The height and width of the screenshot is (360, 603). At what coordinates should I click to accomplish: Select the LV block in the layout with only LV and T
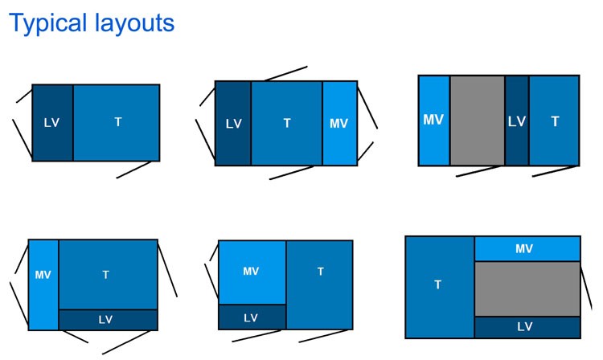tap(52, 122)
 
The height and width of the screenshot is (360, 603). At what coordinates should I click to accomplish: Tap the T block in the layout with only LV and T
tap(117, 122)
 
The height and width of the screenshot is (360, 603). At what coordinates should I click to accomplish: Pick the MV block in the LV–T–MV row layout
tap(339, 123)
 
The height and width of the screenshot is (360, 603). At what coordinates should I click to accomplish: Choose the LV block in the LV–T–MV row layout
tap(233, 123)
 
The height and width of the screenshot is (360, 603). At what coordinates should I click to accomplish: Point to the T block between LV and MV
tap(287, 123)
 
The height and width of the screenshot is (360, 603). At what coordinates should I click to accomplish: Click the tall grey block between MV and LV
tap(477, 121)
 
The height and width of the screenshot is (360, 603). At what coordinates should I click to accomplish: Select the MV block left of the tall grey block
tap(434, 121)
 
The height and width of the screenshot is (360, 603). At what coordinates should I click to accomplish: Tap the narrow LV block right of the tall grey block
tap(517, 121)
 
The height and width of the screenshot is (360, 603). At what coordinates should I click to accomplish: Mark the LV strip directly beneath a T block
tap(107, 319)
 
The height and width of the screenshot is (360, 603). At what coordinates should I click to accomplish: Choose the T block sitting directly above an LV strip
tap(107, 274)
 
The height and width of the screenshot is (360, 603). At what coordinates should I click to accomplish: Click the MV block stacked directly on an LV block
tap(252, 272)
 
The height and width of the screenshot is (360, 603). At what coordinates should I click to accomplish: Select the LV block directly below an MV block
tap(252, 317)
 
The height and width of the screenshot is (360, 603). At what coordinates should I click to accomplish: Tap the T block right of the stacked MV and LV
tap(319, 284)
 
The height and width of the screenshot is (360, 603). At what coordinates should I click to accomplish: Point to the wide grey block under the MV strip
tap(527, 288)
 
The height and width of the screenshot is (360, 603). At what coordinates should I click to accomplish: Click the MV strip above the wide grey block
tap(527, 249)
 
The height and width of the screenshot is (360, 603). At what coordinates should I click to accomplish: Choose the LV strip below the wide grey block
tap(527, 326)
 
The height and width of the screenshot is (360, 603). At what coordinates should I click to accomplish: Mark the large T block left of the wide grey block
tap(439, 286)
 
